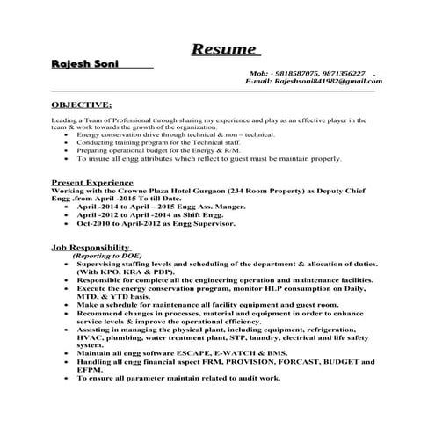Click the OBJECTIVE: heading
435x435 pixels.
(x=82, y=103)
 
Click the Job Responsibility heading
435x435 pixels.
(x=91, y=248)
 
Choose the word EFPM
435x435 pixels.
(x=91, y=369)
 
